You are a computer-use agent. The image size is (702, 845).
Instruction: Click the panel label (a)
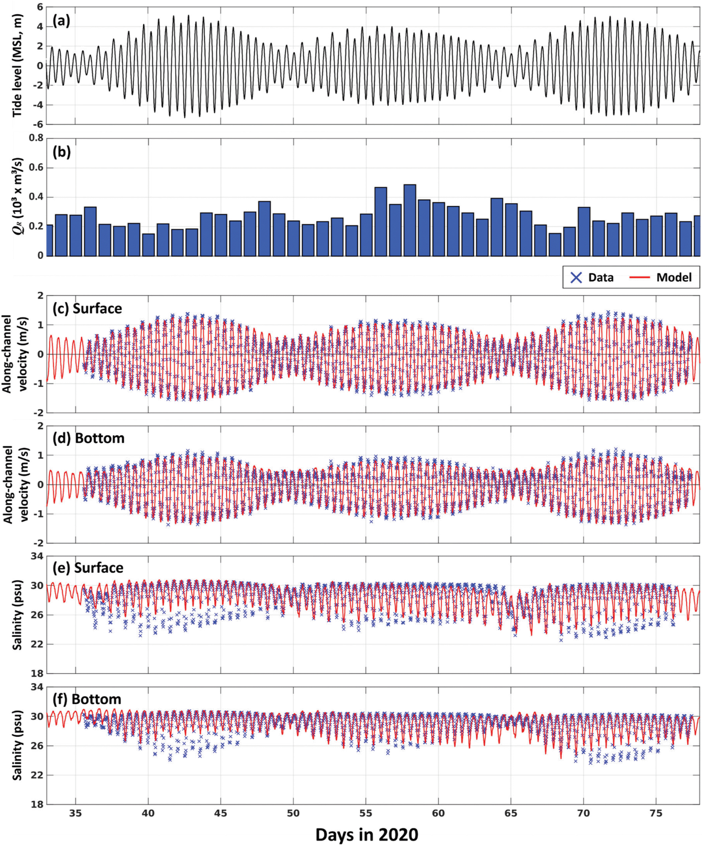click(61, 20)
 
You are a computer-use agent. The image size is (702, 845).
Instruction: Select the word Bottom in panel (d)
click(100, 438)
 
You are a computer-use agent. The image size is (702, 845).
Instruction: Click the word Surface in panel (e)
click(99, 568)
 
